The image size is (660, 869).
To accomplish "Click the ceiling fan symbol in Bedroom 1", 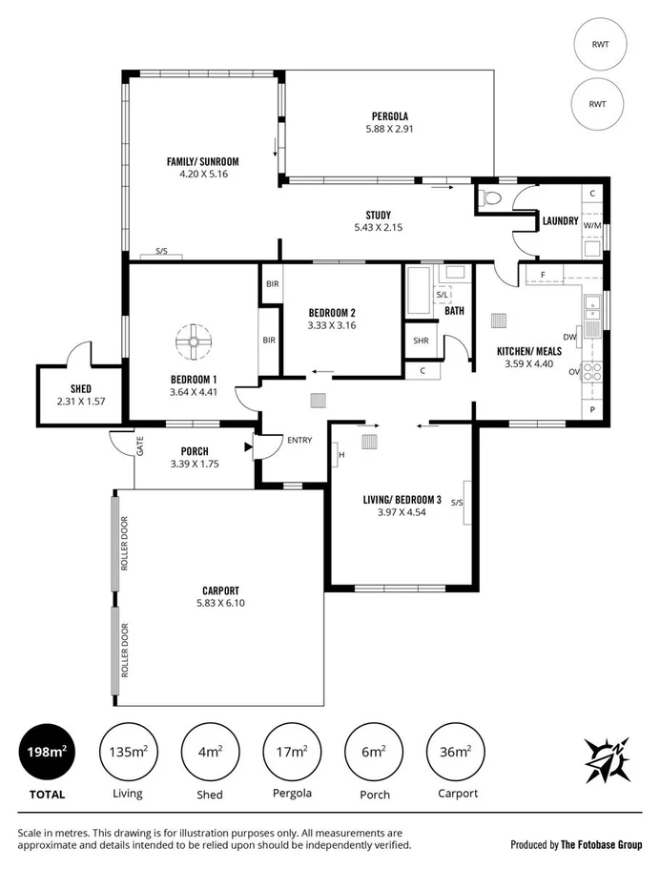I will tap(192, 339).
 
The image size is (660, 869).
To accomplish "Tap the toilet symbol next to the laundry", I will tap(490, 199).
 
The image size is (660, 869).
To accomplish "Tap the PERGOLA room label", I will tap(389, 116).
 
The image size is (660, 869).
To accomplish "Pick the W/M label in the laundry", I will tap(591, 226).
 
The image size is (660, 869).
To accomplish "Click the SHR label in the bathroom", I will tap(421, 341).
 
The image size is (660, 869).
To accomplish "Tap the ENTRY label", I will tap(299, 440).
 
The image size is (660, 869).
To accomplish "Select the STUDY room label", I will tap(378, 215).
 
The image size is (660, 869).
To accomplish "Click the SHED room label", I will tap(81, 388).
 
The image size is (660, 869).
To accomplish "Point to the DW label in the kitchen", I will tap(569, 337).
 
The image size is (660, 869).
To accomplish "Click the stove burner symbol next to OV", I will tap(592, 372).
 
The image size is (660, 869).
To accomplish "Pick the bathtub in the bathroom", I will tap(418, 291).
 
